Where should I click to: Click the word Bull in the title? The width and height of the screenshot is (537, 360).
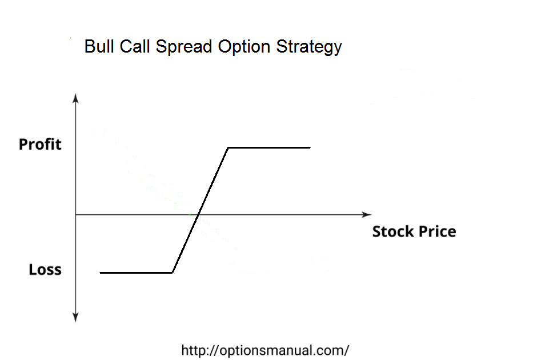(x=99, y=46)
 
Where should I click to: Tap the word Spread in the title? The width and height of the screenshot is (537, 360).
(x=184, y=47)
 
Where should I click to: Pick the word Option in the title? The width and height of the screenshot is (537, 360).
(x=244, y=47)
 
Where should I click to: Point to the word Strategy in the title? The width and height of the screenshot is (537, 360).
(x=309, y=47)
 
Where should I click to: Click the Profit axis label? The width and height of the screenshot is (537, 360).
(x=40, y=144)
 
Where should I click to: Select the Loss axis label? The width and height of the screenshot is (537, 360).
(x=45, y=270)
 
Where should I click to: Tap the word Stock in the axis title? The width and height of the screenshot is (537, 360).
(x=393, y=231)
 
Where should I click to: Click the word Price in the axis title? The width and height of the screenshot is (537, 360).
(x=438, y=231)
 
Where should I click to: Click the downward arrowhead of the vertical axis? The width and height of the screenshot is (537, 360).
(x=75, y=318)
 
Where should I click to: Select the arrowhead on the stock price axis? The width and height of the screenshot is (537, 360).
(x=366, y=215)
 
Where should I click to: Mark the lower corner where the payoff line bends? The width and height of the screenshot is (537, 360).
(x=173, y=273)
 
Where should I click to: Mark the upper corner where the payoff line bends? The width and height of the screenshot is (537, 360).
(x=228, y=147)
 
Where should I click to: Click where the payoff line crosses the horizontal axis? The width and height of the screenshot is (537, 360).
(x=198, y=215)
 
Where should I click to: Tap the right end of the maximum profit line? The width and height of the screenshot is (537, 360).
(x=310, y=147)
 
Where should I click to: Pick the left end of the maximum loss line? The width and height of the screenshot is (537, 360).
(x=100, y=273)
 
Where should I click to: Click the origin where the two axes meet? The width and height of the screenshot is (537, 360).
(x=75, y=215)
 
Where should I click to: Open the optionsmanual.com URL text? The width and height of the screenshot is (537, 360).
(x=265, y=350)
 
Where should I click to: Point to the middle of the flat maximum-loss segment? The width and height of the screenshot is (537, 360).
(x=136, y=273)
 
